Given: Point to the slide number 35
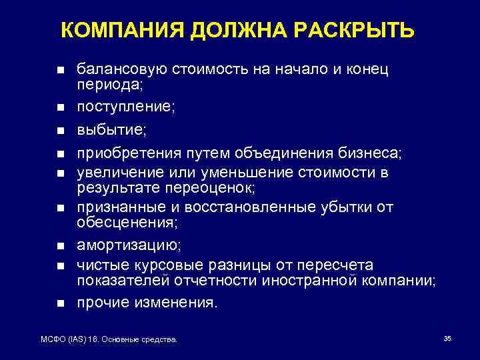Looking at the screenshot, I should pos(447,339).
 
